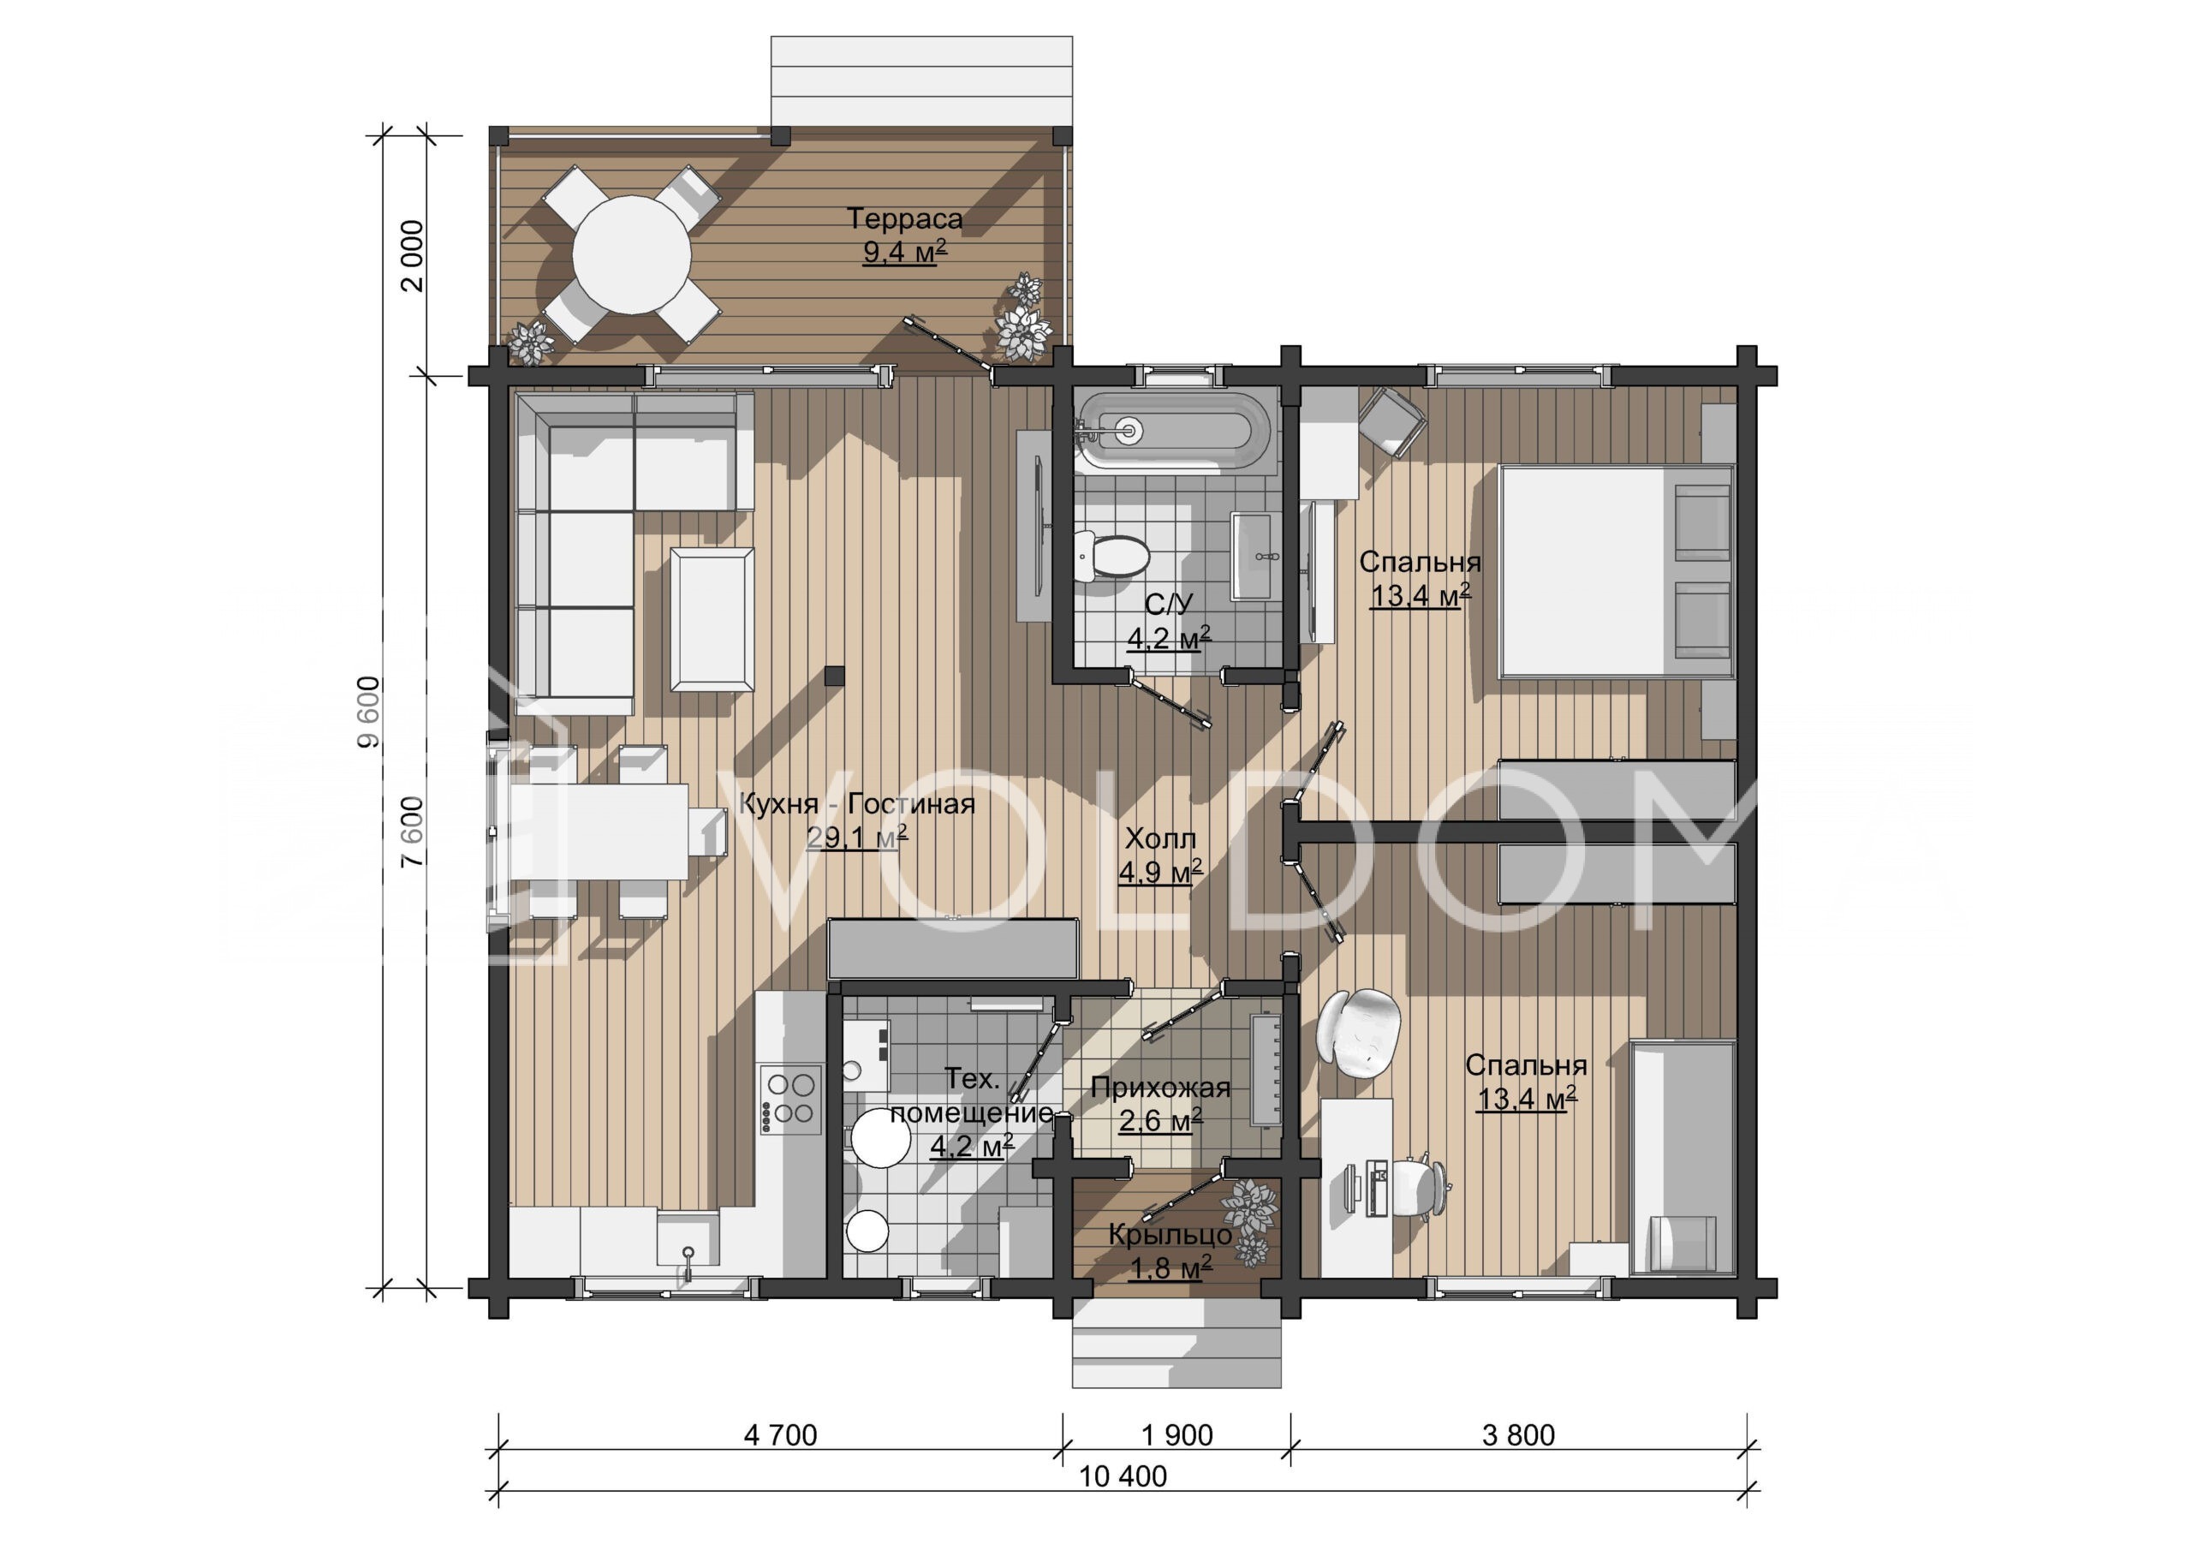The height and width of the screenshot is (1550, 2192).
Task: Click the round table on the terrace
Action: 632,255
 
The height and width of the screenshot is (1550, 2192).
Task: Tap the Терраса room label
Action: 905,218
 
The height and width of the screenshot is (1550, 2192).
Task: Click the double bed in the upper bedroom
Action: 1616,571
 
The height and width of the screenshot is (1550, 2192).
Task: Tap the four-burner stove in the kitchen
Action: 790,1100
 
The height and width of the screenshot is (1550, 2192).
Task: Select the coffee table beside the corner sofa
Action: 712,619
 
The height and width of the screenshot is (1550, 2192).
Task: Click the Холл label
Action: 1160,838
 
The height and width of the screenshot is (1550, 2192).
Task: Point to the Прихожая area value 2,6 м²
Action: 1160,1119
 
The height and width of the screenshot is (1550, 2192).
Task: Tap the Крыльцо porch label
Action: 1170,1235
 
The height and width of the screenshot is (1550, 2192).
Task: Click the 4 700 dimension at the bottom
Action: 780,1435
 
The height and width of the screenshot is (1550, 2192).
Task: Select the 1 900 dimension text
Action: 1177,1435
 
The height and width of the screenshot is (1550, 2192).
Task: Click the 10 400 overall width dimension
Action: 1123,1476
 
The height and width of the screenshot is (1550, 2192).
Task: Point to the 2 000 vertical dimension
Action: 412,256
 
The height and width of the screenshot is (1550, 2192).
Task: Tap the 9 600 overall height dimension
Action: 368,712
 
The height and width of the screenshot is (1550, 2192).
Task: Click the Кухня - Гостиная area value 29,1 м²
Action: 856,838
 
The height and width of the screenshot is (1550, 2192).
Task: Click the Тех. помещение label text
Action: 972,1096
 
